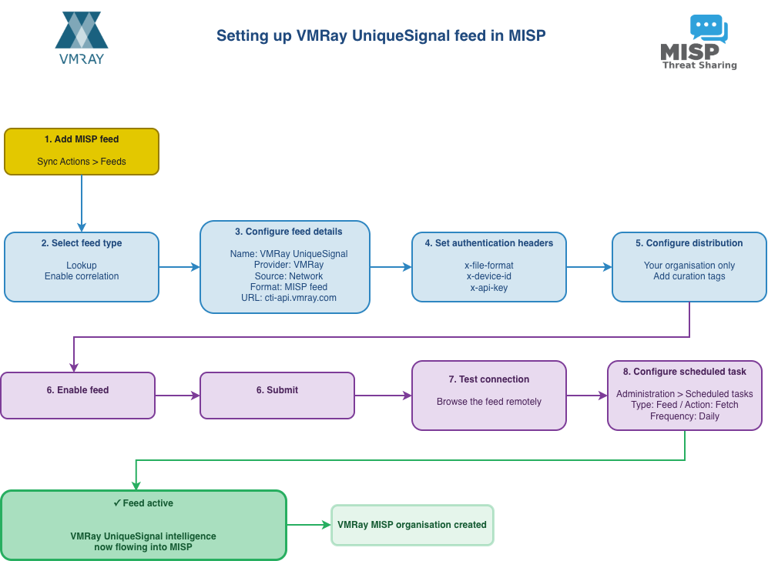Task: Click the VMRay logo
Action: point(81,38)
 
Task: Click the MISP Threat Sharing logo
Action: point(698,43)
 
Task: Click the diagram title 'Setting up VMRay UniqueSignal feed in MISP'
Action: point(381,36)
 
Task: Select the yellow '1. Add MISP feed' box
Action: point(82,151)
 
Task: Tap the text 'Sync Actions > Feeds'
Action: point(82,162)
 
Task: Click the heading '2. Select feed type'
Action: point(82,243)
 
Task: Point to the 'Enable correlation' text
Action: point(82,276)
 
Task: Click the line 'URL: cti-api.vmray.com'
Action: point(289,298)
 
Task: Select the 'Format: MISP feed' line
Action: point(289,287)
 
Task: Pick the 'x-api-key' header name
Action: point(488,288)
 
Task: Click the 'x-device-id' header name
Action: point(488,276)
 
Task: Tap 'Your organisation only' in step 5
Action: point(689,265)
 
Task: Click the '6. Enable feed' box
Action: point(78,396)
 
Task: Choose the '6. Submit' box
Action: point(277,396)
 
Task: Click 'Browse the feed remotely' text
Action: point(488,402)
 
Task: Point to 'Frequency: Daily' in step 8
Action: point(685,416)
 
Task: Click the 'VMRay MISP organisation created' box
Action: point(412,525)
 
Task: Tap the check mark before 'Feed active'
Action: point(117,503)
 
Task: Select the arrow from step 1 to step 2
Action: point(82,203)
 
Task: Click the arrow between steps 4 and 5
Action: point(589,267)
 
